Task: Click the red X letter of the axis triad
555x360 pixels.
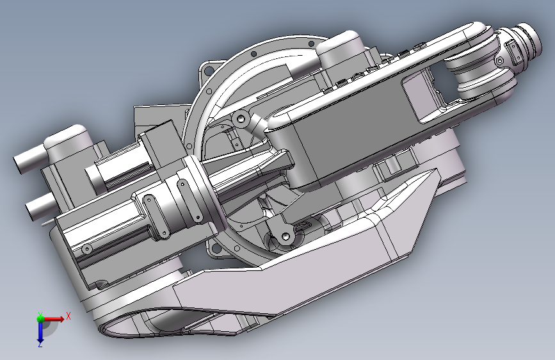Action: pos(68,316)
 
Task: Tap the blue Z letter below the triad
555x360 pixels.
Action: pos(40,345)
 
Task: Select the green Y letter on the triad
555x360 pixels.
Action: pos(40,315)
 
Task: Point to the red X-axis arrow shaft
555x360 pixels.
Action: pos(52,319)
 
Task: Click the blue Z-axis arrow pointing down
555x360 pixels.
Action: pos(40,331)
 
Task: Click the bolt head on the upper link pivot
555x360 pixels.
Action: pos(241,118)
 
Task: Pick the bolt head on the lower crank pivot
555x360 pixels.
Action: pos(286,236)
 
